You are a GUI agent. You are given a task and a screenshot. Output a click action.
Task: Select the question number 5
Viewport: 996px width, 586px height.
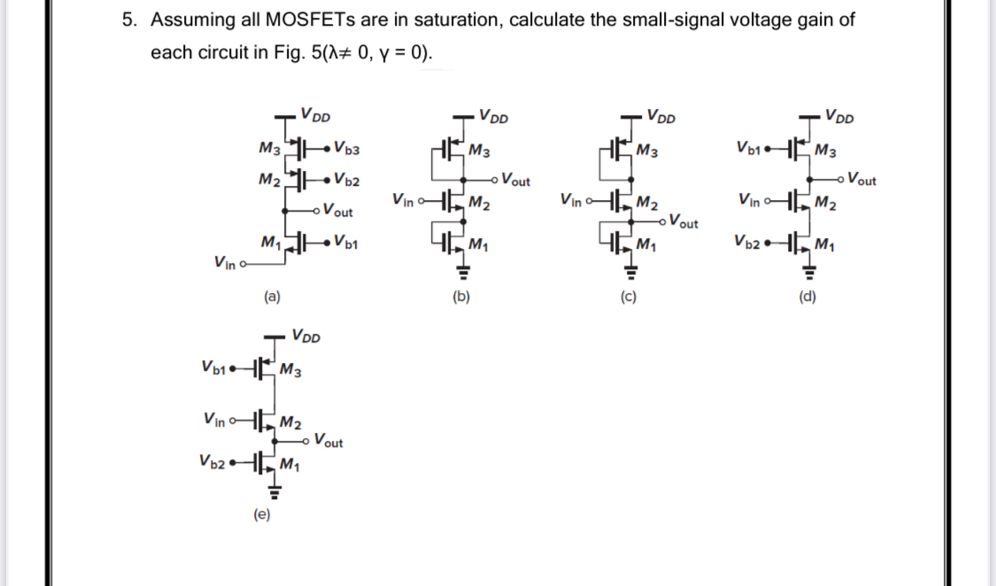tap(128, 20)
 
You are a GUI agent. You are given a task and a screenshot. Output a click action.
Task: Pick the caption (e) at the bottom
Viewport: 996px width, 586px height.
tap(262, 513)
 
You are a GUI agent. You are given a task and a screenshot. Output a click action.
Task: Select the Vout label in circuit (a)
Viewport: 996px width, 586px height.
tap(338, 212)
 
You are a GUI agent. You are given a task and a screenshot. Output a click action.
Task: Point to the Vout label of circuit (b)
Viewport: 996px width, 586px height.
tap(515, 181)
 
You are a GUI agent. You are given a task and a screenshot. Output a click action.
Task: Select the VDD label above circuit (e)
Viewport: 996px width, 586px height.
tap(306, 337)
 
